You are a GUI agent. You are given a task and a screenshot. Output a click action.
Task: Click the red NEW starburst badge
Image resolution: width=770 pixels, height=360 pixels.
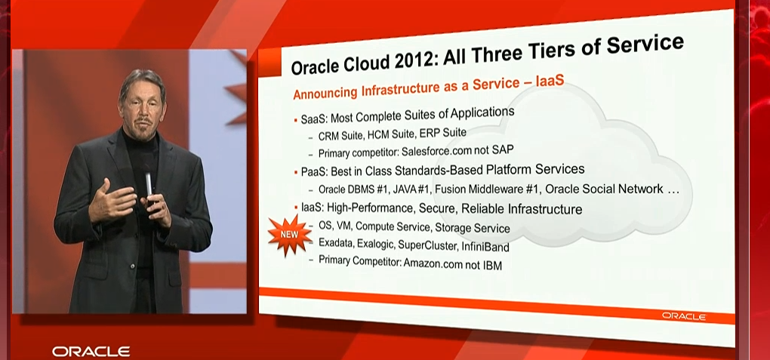tap(289, 234)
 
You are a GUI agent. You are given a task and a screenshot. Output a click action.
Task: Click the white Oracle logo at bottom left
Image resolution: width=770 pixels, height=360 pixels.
tap(91, 351)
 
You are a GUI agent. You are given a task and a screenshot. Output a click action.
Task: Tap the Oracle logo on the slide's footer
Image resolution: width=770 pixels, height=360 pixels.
tap(684, 316)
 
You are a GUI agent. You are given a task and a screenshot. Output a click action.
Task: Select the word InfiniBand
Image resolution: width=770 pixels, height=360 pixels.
tap(485, 246)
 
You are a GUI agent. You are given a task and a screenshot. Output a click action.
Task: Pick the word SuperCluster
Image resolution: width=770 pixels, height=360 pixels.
tap(428, 245)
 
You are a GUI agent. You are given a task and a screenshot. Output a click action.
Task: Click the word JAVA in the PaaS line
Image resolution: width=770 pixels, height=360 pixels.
tap(406, 189)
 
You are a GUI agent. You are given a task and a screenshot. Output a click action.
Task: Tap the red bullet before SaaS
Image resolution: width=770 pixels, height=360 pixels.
tap(296, 119)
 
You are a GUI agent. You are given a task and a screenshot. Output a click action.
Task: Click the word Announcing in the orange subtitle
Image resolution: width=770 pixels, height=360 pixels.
tap(325, 92)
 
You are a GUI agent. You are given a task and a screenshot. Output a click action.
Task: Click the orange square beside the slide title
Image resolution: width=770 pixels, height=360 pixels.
tap(269, 63)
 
